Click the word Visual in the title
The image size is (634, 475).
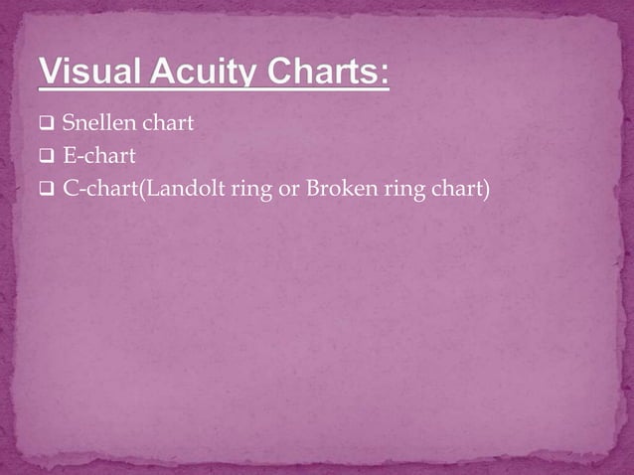[90, 75]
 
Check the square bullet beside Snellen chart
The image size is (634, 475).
[48, 126]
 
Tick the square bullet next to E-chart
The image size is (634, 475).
[48, 155]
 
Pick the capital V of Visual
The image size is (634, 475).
[49, 75]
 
